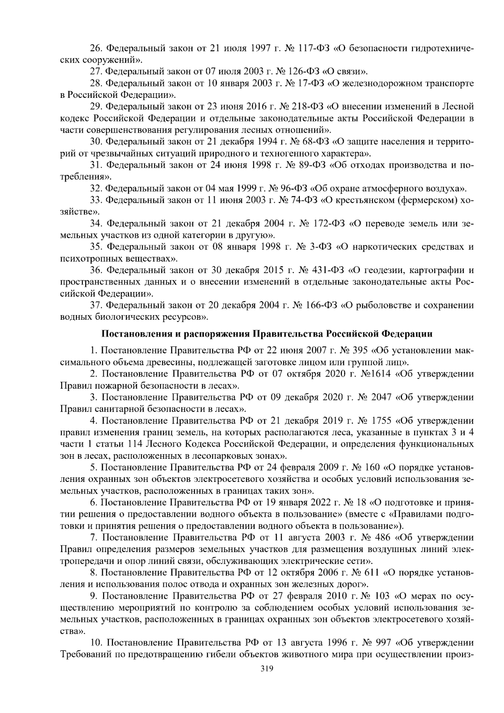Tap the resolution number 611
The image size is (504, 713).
point(370,573)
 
